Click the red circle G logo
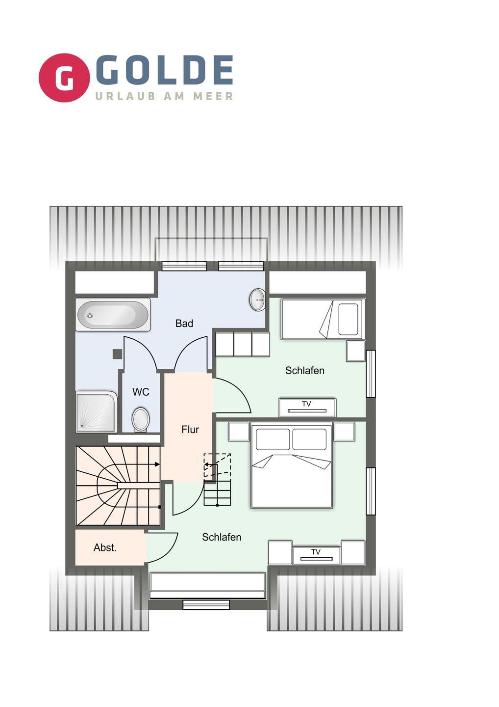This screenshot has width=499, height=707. point(64,78)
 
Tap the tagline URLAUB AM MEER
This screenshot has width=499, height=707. point(164,96)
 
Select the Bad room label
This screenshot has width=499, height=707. point(184,323)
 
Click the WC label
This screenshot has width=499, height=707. point(141,392)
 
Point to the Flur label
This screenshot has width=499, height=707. point(190,429)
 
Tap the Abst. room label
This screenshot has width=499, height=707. point(105,547)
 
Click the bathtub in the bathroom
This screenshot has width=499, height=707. point(113,315)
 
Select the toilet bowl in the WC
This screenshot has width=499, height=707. point(141,419)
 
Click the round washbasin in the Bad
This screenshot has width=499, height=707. point(257,299)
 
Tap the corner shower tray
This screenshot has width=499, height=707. point(97,411)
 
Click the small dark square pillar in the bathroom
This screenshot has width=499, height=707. point(117,354)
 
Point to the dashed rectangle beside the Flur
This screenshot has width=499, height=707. point(217,465)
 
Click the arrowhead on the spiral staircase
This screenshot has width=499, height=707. point(157,464)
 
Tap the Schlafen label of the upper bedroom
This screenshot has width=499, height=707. point(304,370)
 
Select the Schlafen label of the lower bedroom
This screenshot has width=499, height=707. point(222,537)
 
